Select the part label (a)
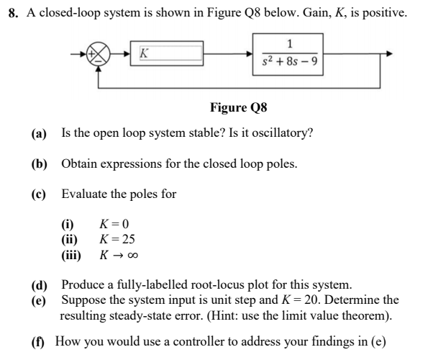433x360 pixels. [x=39, y=133]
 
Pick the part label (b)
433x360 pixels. [x=39, y=163]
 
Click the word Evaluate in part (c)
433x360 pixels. [x=85, y=194]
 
